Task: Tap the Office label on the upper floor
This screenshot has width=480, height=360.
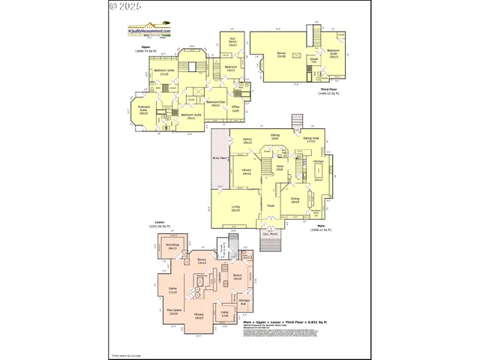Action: [235, 109]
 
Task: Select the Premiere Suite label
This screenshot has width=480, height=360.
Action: [143, 110]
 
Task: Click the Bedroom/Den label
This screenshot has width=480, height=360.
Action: [215, 103]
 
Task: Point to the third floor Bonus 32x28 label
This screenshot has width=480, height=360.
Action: [281, 55]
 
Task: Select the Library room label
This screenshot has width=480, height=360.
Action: [246, 172]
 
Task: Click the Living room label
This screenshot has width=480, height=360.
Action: [235, 208]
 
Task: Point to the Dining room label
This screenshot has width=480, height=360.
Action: [295, 199]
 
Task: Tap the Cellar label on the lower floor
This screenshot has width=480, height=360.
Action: [224, 313]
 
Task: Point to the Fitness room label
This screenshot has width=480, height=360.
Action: [199, 316]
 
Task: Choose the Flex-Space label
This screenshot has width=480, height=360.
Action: [173, 312]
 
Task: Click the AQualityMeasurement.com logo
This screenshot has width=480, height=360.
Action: [148, 31]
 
